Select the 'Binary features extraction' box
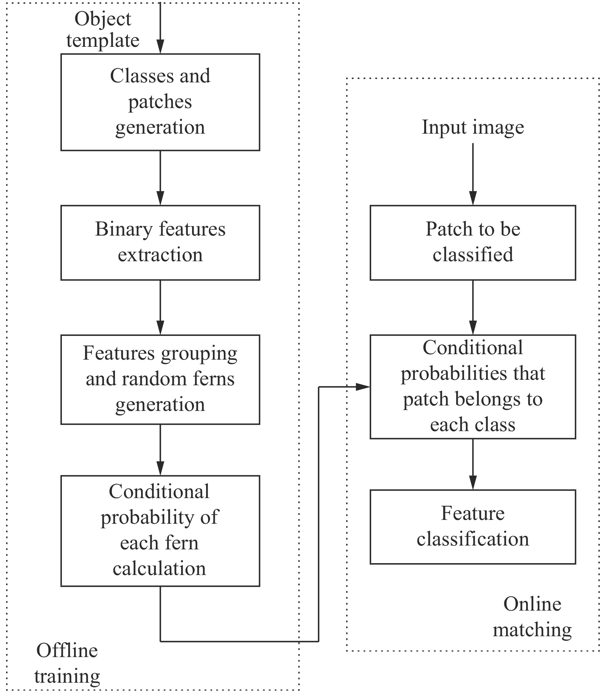[160, 242]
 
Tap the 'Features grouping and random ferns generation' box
[160, 379]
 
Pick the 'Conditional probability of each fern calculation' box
[160, 531]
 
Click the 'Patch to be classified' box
[472, 242]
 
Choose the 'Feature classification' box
[472, 527]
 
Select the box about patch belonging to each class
[472, 387]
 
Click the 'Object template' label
[103, 30]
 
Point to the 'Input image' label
[472, 128]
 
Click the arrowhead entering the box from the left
[363, 387]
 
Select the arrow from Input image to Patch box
[472, 174]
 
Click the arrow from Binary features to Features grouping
[160, 307]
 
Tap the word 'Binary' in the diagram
[123, 229]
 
